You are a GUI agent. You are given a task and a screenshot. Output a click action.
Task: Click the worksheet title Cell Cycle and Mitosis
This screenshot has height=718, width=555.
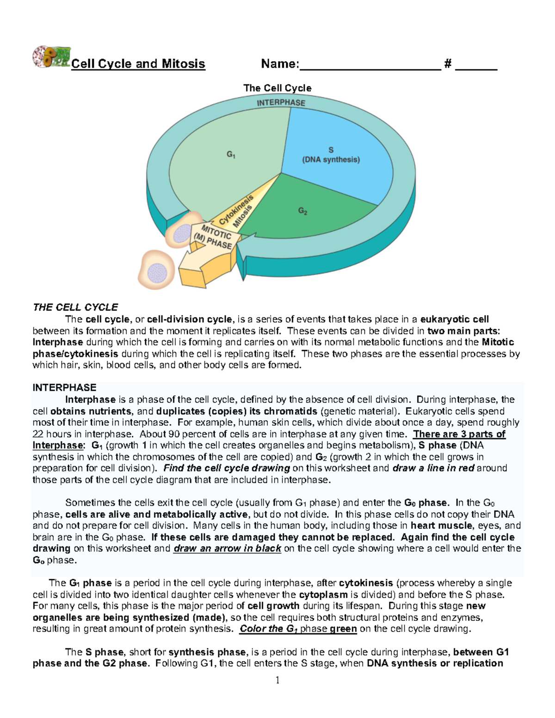[x=138, y=64]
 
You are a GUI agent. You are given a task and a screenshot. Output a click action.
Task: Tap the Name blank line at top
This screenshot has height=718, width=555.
[x=370, y=65]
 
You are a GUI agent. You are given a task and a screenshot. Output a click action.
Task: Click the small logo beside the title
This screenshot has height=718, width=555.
[x=51, y=57]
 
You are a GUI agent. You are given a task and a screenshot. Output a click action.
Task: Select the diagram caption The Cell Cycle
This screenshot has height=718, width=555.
[x=277, y=88]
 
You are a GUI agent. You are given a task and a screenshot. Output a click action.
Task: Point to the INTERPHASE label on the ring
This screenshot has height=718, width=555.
[x=281, y=103]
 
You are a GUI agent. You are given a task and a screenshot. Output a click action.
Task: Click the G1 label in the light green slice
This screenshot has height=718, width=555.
[x=231, y=154]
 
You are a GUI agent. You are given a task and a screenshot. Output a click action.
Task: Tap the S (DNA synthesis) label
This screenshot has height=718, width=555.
[x=331, y=155]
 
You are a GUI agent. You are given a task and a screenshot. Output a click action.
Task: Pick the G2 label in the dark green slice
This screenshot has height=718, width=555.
[x=303, y=211]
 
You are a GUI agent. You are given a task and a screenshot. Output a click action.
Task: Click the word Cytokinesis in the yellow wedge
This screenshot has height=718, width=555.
[x=236, y=209]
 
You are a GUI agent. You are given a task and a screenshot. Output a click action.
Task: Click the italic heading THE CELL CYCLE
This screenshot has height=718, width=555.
[x=75, y=307]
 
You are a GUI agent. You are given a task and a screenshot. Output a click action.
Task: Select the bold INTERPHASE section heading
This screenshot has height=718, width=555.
[x=64, y=388]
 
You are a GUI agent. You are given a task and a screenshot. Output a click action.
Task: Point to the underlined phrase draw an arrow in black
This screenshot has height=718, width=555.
[x=227, y=549]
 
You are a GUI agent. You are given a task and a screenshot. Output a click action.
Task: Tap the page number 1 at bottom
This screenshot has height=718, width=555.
[x=277, y=680]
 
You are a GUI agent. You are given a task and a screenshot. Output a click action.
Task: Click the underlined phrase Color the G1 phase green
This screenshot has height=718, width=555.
[x=298, y=629]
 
